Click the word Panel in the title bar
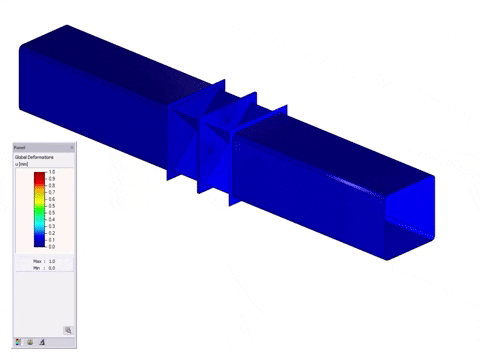pos(20,147)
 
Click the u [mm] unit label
pos(22,165)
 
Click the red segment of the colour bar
pos(39,175)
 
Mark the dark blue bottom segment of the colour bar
pos(39,241)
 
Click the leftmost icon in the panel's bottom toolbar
pos(19,342)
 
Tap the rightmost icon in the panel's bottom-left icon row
pos(43,342)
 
